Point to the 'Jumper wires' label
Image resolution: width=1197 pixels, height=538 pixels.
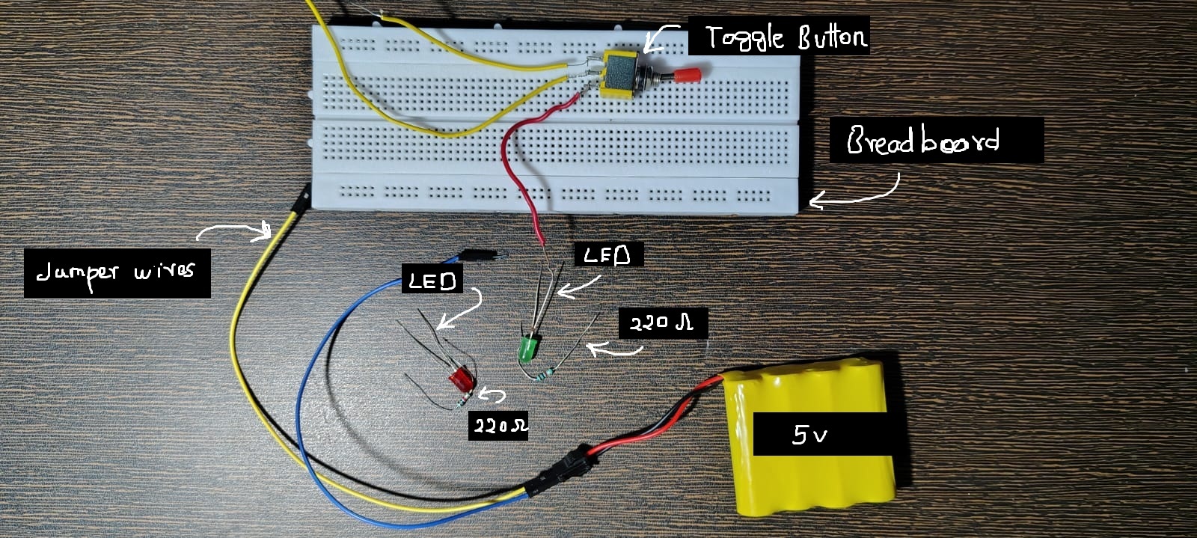click(x=117, y=272)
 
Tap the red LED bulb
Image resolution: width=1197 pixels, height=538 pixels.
click(x=460, y=379)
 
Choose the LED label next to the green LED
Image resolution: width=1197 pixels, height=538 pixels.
click(x=607, y=256)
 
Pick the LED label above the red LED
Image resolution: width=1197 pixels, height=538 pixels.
click(x=432, y=281)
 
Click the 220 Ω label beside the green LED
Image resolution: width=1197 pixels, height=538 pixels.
click(x=662, y=324)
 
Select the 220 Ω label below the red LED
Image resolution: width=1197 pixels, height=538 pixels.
click(x=498, y=426)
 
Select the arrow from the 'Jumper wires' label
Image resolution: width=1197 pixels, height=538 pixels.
click(x=236, y=229)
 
